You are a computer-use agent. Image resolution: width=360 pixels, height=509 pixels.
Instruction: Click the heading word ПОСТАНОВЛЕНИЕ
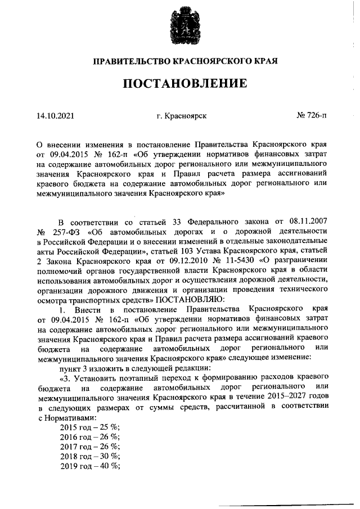tap(186, 84)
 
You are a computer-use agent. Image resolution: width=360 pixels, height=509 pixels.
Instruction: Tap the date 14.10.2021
tap(55, 116)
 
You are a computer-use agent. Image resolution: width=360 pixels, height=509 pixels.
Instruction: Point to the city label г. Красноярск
tap(182, 116)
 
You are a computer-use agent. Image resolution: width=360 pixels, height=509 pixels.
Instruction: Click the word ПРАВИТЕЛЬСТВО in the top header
tap(130, 61)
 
